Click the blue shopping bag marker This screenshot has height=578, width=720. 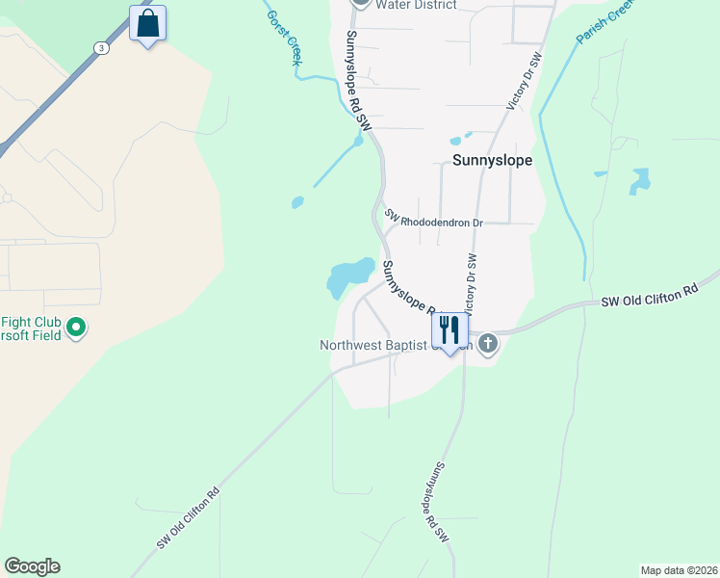click(x=147, y=23)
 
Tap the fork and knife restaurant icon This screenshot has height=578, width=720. click(x=450, y=330)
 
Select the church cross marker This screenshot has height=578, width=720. click(x=488, y=343)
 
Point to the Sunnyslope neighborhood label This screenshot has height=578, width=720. click(x=492, y=161)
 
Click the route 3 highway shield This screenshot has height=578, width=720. click(x=100, y=47)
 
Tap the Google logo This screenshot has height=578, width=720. click(x=32, y=566)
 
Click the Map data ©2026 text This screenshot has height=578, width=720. click(x=679, y=569)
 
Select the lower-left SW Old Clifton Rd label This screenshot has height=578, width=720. click(x=189, y=518)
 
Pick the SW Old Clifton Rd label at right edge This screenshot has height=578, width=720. click(x=648, y=294)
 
